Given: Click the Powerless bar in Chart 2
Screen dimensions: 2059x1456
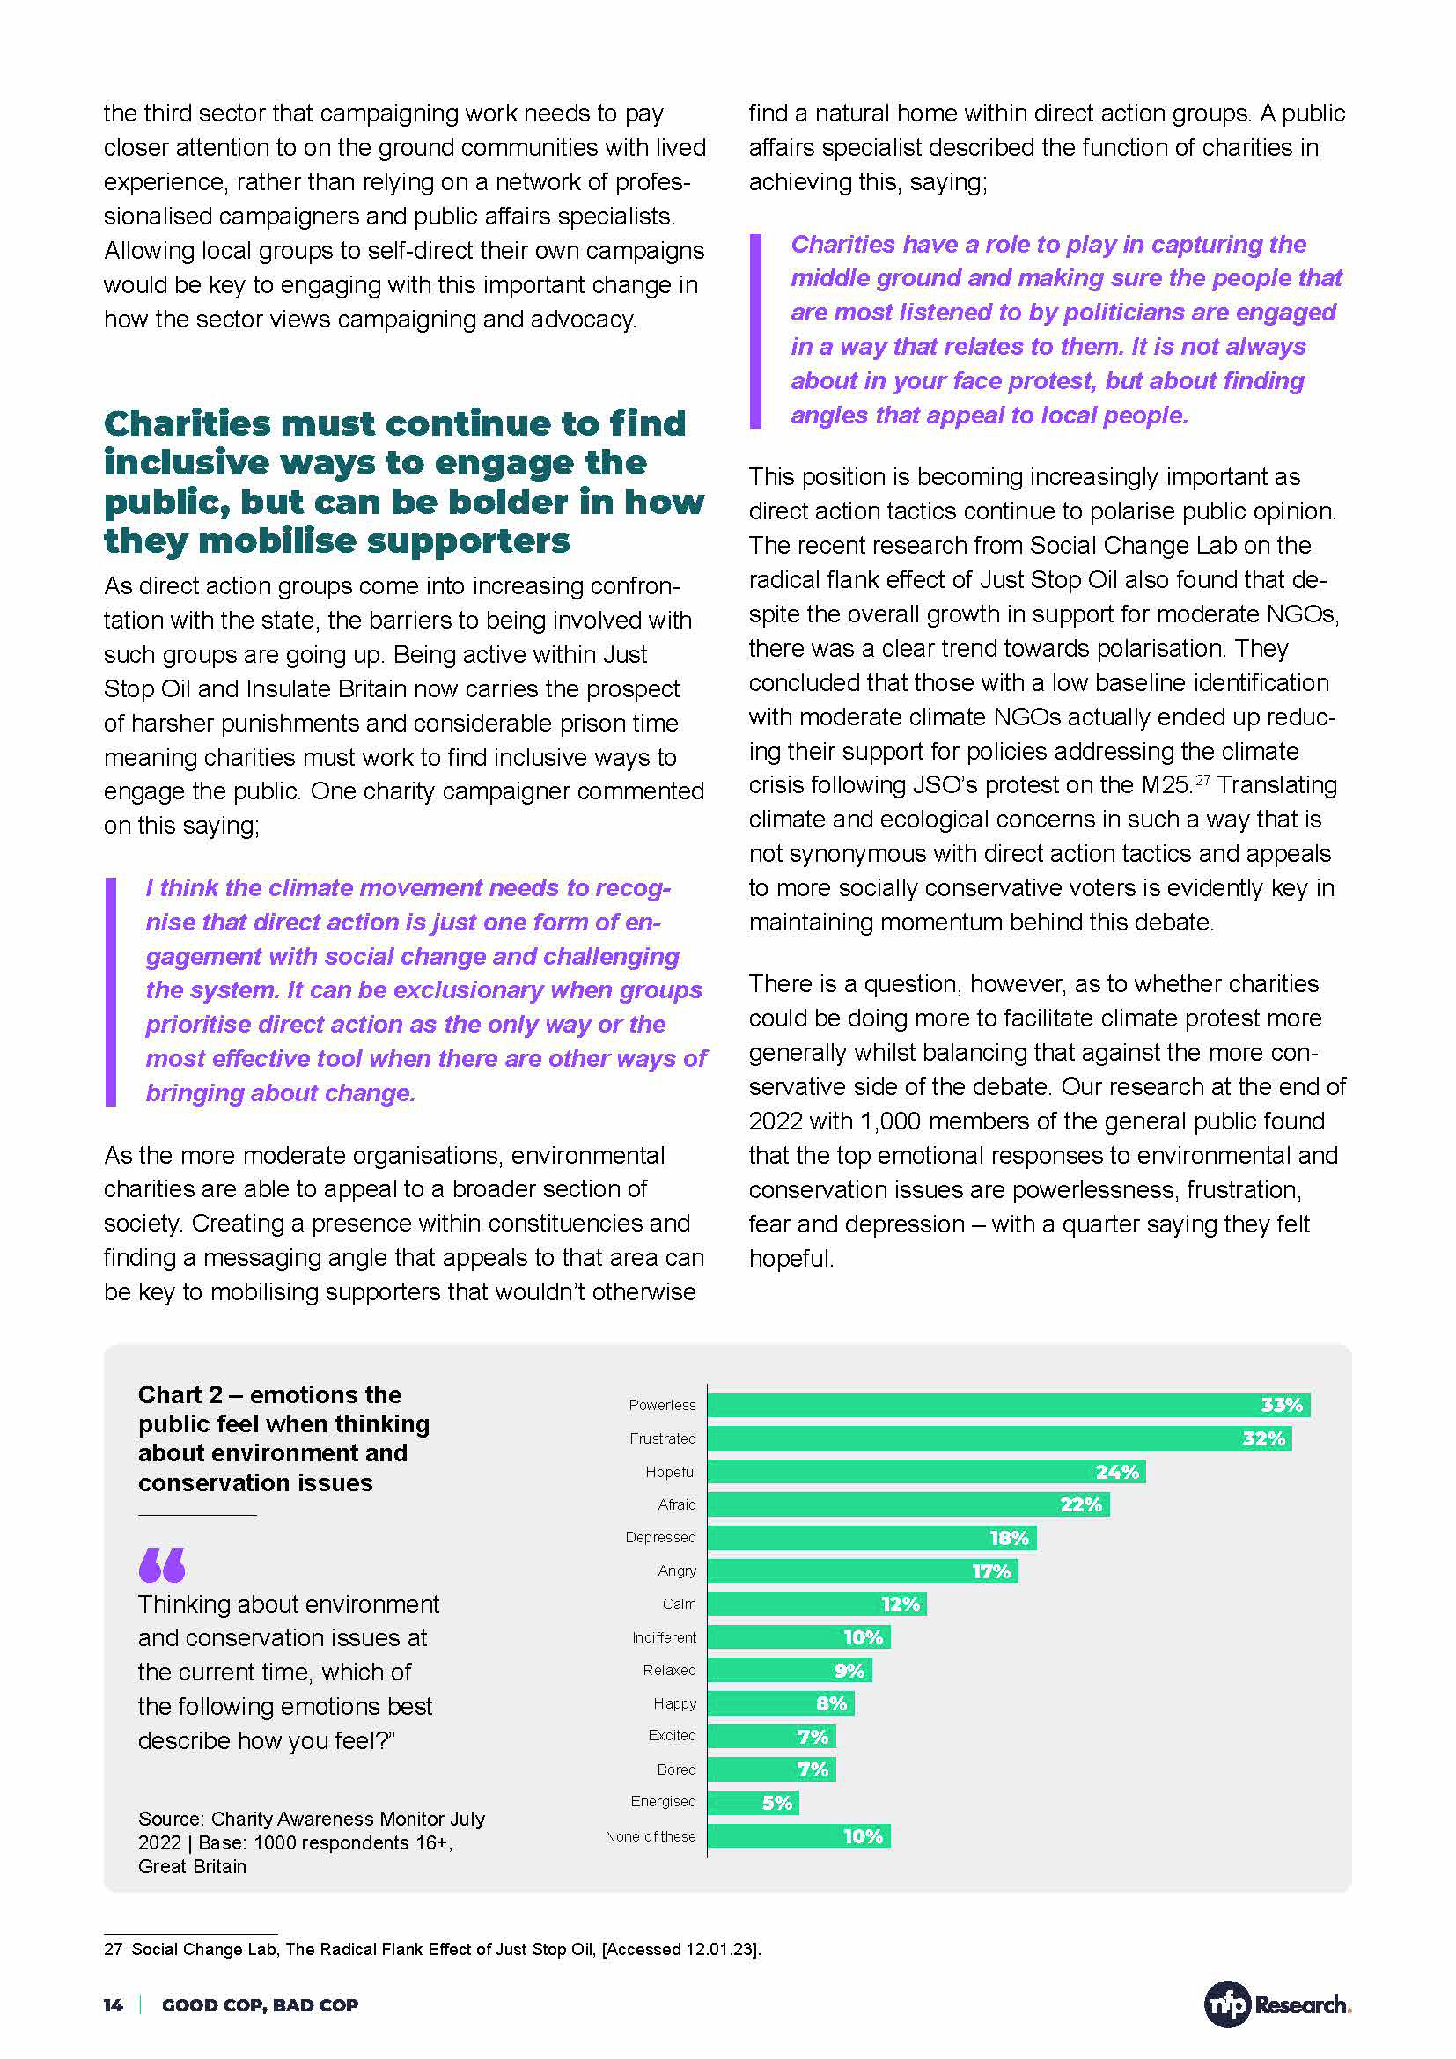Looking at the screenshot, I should point(1008,1404).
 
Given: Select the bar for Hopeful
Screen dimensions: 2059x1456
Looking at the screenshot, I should point(925,1472).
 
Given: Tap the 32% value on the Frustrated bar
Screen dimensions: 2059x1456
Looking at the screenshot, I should point(1263,1438).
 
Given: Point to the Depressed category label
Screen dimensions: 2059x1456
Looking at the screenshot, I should point(660,1537).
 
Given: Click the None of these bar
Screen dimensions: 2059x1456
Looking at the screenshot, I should point(798,1836).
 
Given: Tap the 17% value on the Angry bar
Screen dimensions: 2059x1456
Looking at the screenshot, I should point(990,1571).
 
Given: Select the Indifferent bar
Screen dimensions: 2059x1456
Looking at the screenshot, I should point(798,1637).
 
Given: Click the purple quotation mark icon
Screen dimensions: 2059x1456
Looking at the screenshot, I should point(162,1565).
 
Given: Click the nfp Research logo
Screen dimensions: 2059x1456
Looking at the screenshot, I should point(1276,2004).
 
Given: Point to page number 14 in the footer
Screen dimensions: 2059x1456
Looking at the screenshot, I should point(113,2005).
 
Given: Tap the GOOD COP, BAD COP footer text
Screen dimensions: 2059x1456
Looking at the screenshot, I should point(260,2005).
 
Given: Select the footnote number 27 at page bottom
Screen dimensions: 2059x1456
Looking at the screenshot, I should point(113,1949).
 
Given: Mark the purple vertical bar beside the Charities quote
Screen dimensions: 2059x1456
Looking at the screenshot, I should point(755,330).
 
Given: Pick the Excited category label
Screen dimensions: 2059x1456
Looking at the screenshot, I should point(672,1735).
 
